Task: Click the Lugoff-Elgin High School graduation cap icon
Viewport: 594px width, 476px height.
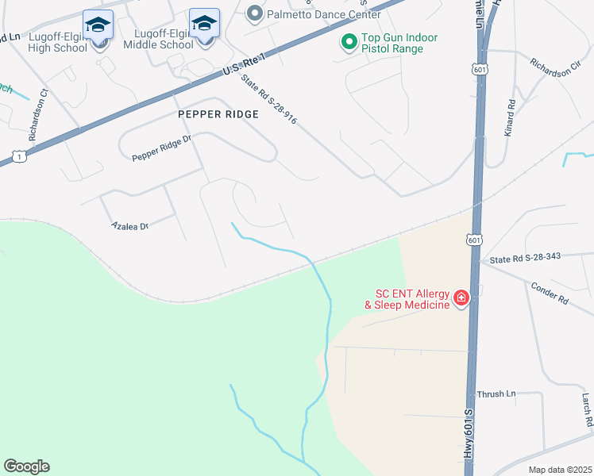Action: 98,25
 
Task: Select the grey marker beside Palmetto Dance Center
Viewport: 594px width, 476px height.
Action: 254,13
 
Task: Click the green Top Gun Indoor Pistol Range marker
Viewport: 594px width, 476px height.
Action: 348,42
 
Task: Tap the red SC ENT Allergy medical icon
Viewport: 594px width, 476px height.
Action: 461,298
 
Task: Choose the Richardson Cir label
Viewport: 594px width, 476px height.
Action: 561,69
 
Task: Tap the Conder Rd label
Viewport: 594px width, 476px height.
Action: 550,294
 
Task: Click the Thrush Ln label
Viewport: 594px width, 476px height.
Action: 496,393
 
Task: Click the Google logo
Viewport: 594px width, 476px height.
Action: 26,466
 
